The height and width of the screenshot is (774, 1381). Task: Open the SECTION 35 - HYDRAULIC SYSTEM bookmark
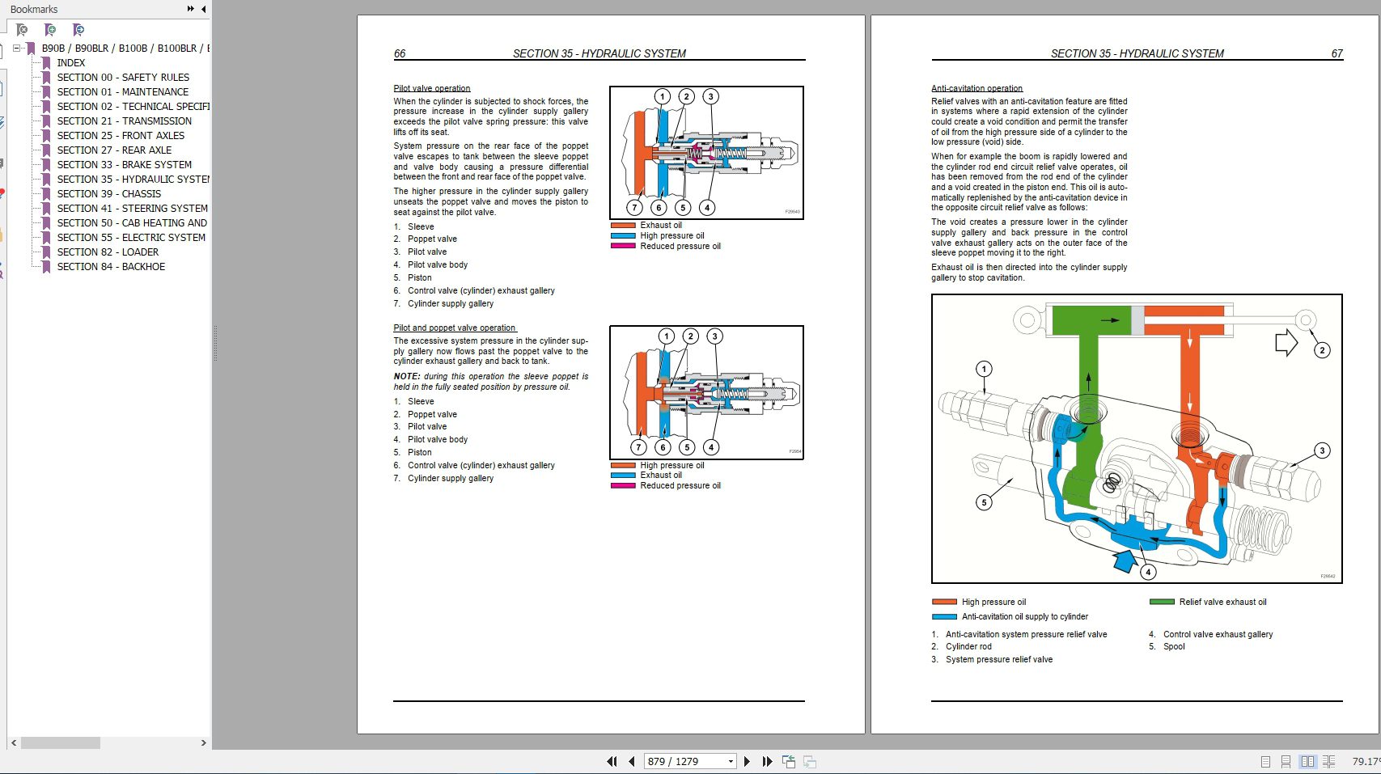coord(133,180)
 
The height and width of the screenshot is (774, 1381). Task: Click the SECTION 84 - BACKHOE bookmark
coord(111,267)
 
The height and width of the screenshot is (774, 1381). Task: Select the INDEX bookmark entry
coord(71,63)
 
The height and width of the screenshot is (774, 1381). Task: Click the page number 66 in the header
coord(400,53)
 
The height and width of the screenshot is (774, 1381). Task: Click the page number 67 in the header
coord(1337,53)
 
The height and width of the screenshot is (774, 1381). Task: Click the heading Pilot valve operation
coord(431,88)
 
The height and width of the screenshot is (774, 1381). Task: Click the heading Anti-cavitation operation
coord(976,88)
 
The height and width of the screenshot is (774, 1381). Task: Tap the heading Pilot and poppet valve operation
coord(454,328)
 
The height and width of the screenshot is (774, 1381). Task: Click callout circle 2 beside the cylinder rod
coord(1322,350)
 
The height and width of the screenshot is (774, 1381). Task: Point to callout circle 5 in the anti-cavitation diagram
coord(984,502)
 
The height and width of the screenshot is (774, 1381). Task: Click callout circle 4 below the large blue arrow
coord(1148,572)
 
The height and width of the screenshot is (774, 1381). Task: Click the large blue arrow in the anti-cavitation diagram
coord(1125,560)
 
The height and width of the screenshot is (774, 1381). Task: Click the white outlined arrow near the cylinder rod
coord(1286,343)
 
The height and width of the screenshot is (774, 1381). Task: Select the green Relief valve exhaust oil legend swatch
coord(1162,602)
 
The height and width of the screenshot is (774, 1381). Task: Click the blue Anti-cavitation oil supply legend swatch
coord(944,616)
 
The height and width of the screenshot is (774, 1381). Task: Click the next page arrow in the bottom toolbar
coord(747,761)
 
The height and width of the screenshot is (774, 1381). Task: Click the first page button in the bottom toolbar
coord(612,761)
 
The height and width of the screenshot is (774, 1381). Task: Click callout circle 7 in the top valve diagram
coord(634,207)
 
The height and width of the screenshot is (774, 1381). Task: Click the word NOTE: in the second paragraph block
coord(406,376)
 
